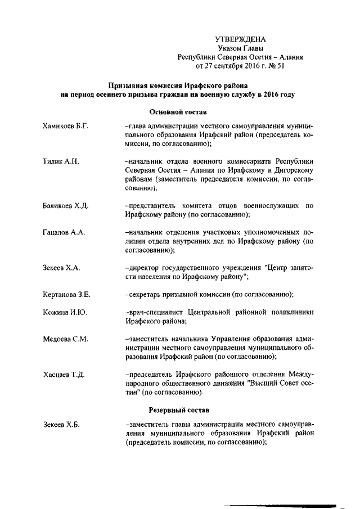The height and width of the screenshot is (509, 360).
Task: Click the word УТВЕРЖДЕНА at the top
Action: tap(240, 39)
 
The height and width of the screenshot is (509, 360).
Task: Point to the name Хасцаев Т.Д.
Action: tap(64, 375)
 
